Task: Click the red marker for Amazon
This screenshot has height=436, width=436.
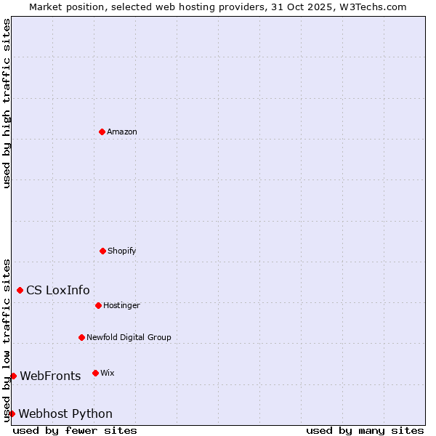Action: [x=102, y=132]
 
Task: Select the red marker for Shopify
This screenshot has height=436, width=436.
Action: [x=102, y=251]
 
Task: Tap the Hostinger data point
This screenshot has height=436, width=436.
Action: [x=98, y=305]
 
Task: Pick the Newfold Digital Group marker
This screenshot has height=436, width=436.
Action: [x=81, y=337]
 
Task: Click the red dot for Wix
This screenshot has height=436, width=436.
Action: [x=95, y=373]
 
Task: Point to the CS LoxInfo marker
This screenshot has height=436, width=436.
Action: [x=20, y=290]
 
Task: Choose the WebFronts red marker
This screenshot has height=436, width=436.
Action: [x=13, y=376]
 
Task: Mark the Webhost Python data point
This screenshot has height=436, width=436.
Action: [x=12, y=413]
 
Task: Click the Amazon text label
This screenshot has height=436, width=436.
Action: [x=122, y=132]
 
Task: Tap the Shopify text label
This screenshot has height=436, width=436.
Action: [x=122, y=251]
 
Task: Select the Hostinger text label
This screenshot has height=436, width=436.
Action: [x=121, y=305]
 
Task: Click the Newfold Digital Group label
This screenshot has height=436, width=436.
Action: [x=129, y=337]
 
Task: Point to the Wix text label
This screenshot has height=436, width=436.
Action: [x=108, y=373]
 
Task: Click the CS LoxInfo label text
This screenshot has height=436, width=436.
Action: [x=58, y=290]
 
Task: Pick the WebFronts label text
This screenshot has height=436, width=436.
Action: [x=50, y=376]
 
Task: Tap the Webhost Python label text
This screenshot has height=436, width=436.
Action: [x=65, y=413]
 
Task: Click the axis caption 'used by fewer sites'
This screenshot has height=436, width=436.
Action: [x=75, y=430]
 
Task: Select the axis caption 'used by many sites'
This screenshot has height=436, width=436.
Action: [x=365, y=430]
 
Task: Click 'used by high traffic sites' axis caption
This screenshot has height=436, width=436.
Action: [x=7, y=103]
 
